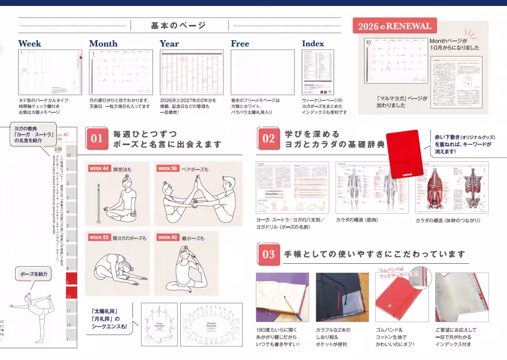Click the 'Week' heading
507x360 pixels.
pyautogui.click(x=30, y=44)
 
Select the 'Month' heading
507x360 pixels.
pyautogui.click(x=103, y=44)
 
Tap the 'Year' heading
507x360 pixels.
pyautogui.click(x=169, y=44)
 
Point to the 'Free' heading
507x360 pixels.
pyautogui.click(x=240, y=44)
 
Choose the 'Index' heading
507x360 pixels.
pyautogui.click(x=313, y=44)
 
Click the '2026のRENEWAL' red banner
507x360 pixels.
pyautogui.click(x=395, y=26)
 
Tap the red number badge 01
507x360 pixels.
pyautogui.click(x=97, y=139)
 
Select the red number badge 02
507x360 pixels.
pyautogui.click(x=269, y=139)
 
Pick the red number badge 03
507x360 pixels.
pyautogui.click(x=269, y=254)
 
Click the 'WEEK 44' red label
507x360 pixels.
pyautogui.click(x=99, y=169)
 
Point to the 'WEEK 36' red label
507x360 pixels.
pyautogui.click(x=168, y=169)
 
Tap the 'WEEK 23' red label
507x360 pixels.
pyautogui.click(x=99, y=237)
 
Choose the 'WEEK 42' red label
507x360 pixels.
pyautogui.click(x=168, y=237)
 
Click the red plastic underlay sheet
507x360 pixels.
pyautogui.click(x=404, y=154)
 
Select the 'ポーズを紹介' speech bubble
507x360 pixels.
pyautogui.click(x=34, y=274)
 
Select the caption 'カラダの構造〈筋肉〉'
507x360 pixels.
pyautogui.click(x=357, y=220)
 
